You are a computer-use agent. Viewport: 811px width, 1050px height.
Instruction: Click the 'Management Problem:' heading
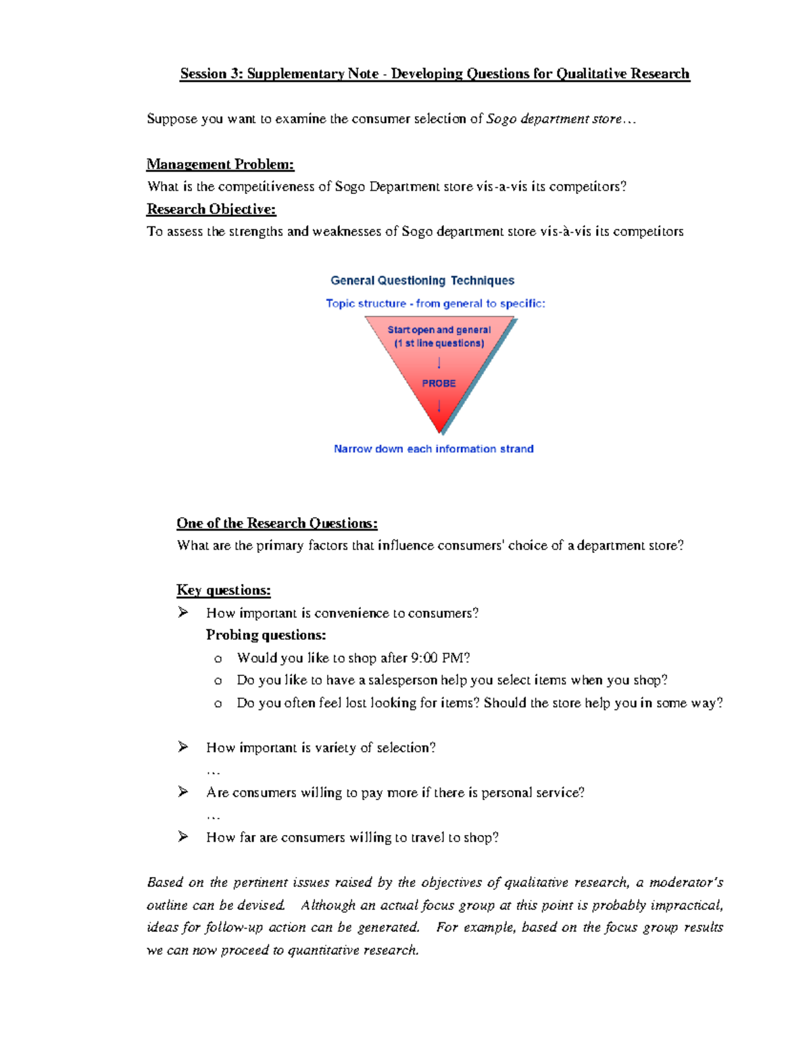220,164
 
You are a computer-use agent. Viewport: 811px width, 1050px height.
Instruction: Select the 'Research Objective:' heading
211,209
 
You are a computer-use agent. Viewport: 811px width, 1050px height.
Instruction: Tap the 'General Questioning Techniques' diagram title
422,281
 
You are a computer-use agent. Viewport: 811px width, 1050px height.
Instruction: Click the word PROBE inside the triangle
439,383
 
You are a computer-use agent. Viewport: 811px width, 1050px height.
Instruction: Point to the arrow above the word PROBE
439,363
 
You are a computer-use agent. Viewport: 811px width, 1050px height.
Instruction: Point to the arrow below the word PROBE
439,406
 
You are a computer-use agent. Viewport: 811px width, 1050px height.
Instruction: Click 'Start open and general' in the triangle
439,330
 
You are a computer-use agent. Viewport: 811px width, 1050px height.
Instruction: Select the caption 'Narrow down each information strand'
433,449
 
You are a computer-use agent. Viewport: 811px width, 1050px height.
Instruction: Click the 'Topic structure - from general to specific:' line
435,304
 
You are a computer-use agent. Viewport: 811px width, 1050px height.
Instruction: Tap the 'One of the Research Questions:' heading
276,523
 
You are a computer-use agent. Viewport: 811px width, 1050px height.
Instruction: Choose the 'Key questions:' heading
223,590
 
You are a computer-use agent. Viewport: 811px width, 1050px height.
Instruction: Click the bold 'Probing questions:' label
266,635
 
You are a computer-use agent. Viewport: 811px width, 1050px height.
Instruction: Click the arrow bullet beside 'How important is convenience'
182,613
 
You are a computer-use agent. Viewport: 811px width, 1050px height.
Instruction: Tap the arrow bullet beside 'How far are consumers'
182,837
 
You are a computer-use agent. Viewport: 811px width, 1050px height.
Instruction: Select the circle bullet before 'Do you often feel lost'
218,704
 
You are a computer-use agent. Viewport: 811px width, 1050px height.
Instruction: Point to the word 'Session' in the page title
203,74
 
